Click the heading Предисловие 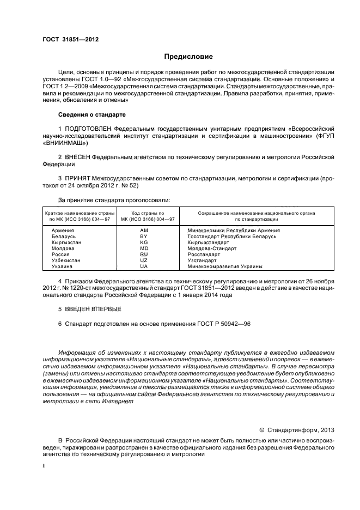point(188,57)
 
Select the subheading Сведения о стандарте point(92,115)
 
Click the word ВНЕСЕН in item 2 point(77,157)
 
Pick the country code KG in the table point(144,242)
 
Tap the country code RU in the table point(144,254)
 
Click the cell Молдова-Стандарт point(212,248)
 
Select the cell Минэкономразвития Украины point(225,266)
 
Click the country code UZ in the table point(144,260)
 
